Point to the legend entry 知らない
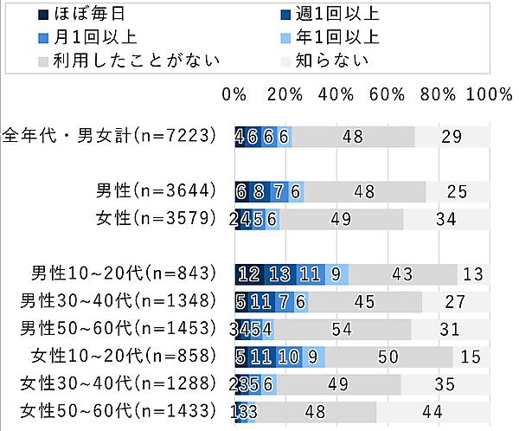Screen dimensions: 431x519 tap(332, 61)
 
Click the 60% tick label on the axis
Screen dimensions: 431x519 tap(388, 93)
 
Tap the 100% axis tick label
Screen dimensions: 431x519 tap(490, 93)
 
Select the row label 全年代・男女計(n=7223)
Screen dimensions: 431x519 tap(108, 137)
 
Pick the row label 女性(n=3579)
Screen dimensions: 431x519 tap(156, 219)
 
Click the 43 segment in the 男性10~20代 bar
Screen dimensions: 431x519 tap(402, 274)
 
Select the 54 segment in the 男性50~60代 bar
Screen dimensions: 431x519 tap(342, 330)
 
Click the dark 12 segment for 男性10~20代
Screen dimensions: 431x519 tap(250, 274)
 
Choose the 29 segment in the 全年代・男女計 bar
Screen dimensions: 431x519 tap(452, 137)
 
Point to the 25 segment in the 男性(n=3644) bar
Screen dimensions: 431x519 tap(458, 192)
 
